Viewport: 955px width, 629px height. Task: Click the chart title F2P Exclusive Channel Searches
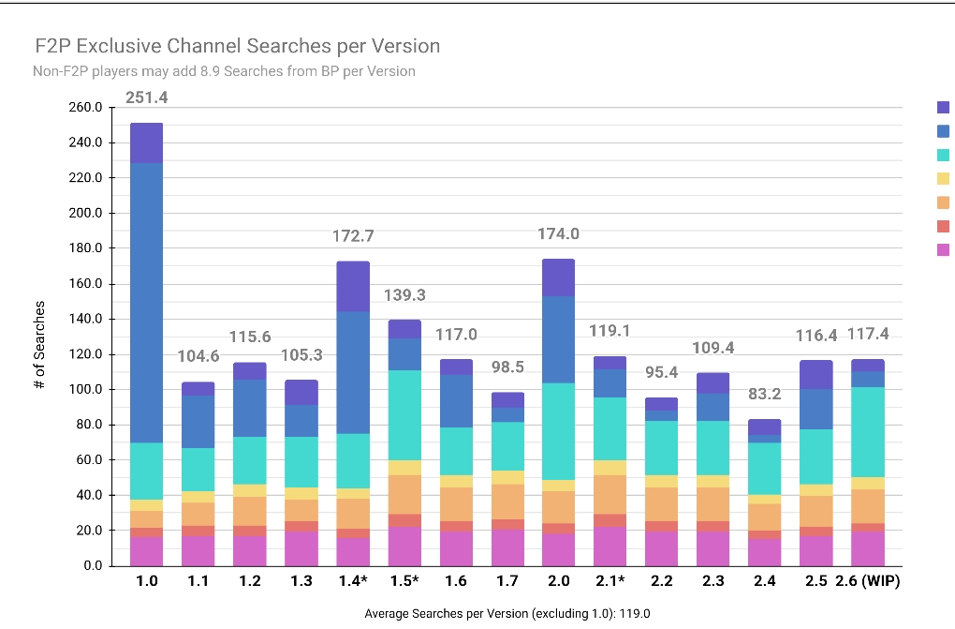point(237,46)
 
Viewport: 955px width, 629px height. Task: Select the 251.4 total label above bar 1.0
point(146,97)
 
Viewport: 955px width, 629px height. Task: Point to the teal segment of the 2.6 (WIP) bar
point(867,432)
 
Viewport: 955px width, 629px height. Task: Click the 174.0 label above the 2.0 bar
point(558,233)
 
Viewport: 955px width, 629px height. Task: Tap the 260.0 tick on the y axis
point(86,108)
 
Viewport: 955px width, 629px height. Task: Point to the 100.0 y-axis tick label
point(86,390)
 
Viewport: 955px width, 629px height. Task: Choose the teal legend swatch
point(943,155)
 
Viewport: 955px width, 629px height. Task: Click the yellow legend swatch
point(943,178)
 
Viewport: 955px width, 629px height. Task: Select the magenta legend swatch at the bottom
point(943,249)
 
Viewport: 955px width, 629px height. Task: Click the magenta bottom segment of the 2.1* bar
point(610,546)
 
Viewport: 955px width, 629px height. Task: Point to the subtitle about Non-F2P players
point(224,71)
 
